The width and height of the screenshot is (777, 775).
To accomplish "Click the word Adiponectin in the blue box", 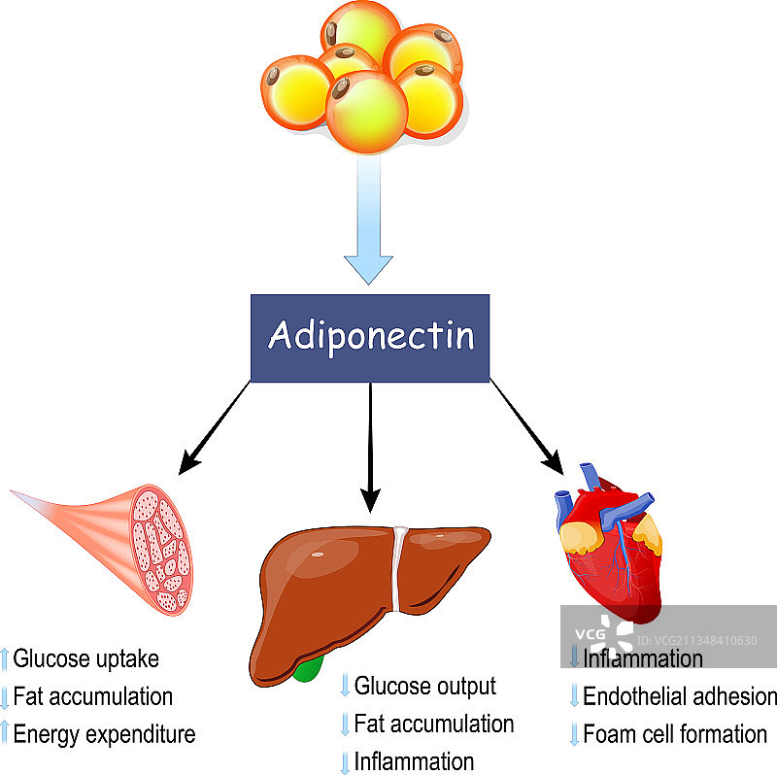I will coord(370,336).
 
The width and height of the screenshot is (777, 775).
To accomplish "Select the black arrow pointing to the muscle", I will coord(214,427).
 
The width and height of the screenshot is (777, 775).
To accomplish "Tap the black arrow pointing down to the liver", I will coord(369,447).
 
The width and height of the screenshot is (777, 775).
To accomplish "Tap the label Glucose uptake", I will coord(86,658).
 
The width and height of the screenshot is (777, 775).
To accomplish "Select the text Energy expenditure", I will coord(104,733).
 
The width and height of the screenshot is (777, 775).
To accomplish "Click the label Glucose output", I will coord(425,687).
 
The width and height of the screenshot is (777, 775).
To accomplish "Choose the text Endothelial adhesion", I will coord(680,696).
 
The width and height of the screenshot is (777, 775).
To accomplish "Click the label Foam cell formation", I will coord(675,733).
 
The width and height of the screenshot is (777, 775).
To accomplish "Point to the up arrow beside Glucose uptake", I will coord(5,659).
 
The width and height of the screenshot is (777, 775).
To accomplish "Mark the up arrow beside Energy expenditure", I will coord(5,734).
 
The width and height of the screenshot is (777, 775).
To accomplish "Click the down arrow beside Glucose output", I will coord(344,687).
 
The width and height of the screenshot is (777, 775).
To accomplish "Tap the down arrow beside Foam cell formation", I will coord(573,733).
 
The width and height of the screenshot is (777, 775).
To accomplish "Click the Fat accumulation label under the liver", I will coord(434,724).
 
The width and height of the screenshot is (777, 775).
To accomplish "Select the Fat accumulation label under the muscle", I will coord(93,696).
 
